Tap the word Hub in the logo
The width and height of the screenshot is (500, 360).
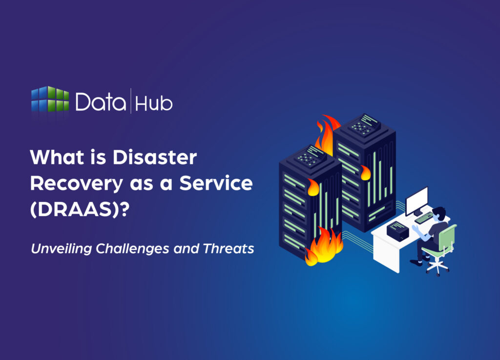[x=154, y=103]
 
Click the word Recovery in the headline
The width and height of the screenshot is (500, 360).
[x=75, y=183]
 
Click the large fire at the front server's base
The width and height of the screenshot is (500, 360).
[x=324, y=246]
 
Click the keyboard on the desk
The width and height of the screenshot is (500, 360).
[x=423, y=217]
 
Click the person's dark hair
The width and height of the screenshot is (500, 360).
[x=440, y=212]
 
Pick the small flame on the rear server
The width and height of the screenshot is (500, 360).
[x=365, y=173]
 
